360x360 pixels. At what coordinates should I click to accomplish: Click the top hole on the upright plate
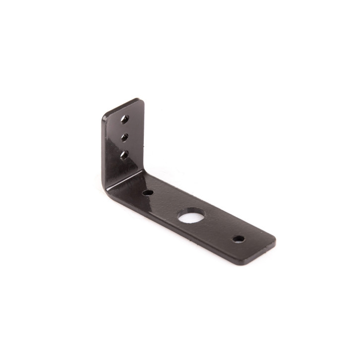tap(125, 119)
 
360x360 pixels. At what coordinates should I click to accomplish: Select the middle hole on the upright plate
tap(124, 136)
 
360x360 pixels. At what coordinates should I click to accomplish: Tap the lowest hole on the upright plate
tap(124, 155)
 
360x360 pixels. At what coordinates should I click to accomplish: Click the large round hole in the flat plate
tap(191, 216)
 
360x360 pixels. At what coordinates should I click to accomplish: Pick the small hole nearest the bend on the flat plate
tap(147, 192)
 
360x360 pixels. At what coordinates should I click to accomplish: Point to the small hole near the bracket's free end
tap(239, 239)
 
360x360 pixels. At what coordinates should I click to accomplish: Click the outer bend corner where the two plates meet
tap(106, 187)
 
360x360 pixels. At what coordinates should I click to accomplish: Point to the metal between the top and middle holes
tap(125, 127)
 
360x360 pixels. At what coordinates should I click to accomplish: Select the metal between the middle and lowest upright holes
tap(124, 146)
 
